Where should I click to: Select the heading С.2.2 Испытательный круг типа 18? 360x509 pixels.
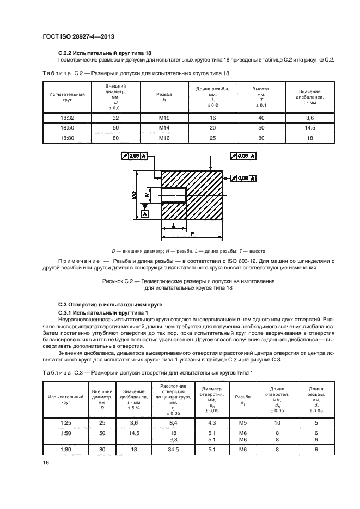click(x=99, y=53)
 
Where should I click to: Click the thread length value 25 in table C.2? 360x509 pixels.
click(x=212, y=138)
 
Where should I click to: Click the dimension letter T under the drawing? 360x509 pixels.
click(x=192, y=234)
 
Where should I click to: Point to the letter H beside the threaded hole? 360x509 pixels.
click(x=147, y=194)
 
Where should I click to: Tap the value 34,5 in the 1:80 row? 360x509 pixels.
click(x=174, y=450)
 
